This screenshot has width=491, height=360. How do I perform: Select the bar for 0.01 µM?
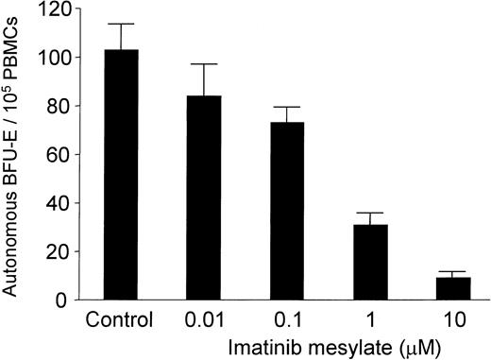tap(203, 197)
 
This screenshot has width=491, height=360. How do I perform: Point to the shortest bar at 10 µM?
tap(453, 288)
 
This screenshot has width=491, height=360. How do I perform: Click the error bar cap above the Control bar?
tap(120, 24)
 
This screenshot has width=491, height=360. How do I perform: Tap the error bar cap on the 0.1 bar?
tap(287, 107)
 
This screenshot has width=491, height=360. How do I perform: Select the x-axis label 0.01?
tap(203, 320)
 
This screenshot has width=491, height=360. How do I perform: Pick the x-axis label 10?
tap(453, 320)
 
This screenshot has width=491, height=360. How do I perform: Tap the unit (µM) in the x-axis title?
tap(418, 347)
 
